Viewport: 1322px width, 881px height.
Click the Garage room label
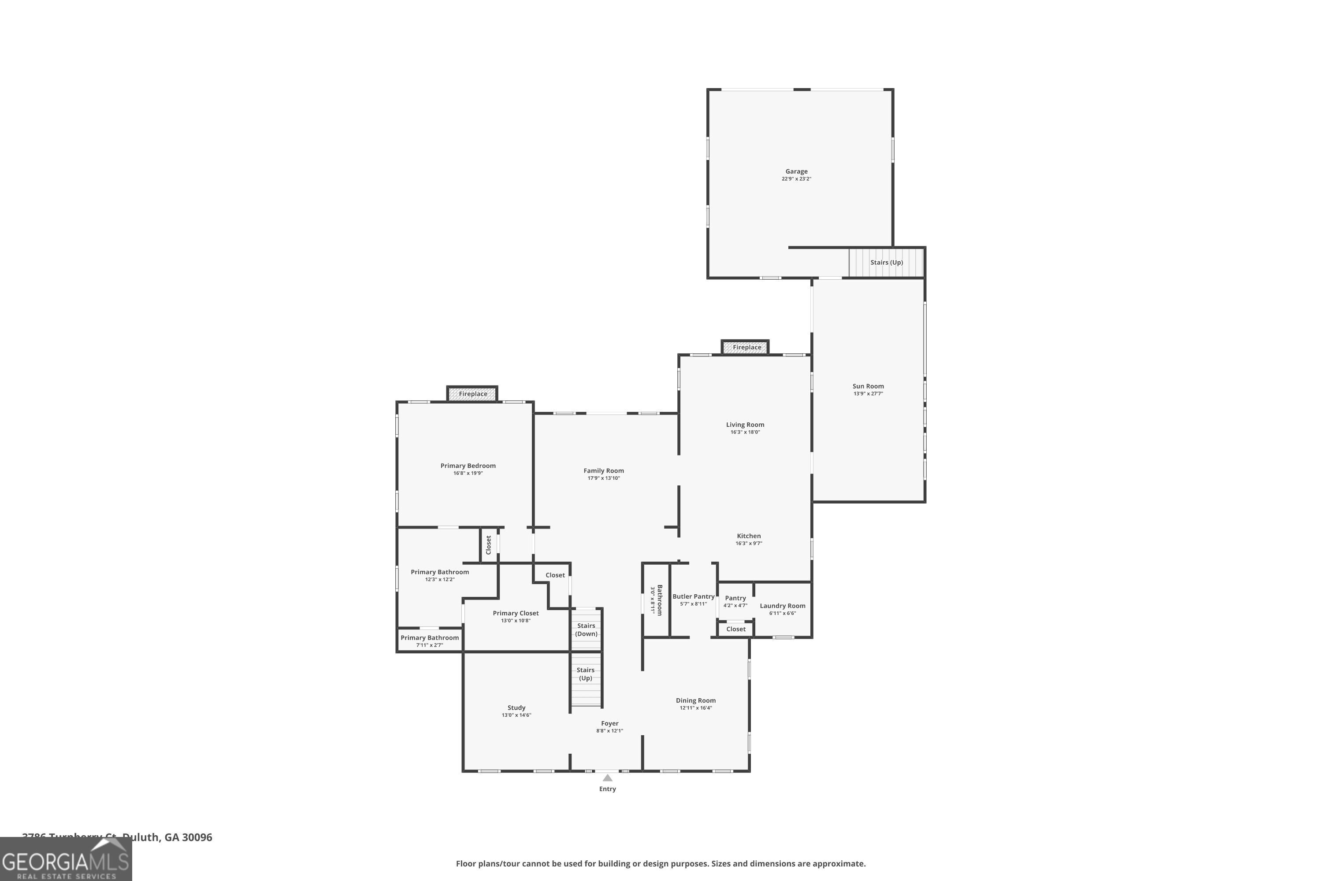tap(796, 171)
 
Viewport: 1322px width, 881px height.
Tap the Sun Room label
tap(868, 386)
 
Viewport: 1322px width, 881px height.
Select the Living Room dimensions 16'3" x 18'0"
tap(745, 432)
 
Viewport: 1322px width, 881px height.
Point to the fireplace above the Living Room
tap(745, 347)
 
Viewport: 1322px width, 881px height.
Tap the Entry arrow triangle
tap(607, 777)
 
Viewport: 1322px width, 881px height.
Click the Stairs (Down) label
tap(586, 629)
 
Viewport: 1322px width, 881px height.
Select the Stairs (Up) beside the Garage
tap(886, 263)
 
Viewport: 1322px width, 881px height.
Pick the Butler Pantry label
tap(693, 597)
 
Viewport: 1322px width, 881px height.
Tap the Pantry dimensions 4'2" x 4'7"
tap(735, 606)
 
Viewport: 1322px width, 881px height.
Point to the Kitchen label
tap(749, 536)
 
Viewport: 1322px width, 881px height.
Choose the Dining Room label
tap(695, 701)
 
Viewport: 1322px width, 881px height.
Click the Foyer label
tap(609, 724)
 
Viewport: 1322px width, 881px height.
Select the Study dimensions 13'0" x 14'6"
tap(516, 715)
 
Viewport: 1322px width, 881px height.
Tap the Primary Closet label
tap(516, 613)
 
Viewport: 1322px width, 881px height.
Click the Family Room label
tap(603, 471)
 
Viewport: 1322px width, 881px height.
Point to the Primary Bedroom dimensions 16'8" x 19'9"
tap(468, 473)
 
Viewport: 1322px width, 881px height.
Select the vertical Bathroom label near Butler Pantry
tap(659, 600)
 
